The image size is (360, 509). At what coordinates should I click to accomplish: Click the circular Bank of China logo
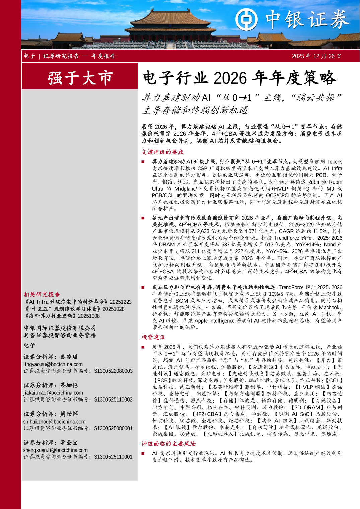[246, 19]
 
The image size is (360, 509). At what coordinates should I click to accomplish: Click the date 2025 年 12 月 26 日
[316, 56]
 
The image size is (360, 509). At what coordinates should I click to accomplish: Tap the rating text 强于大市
[80, 78]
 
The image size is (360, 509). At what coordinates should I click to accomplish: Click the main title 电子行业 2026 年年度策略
[239, 78]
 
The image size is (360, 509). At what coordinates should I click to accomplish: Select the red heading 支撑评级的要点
[162, 152]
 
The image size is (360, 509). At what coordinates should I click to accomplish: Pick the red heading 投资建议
[153, 337]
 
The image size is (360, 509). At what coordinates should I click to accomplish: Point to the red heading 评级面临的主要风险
[168, 444]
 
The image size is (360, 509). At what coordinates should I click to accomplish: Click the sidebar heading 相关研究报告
[42, 294]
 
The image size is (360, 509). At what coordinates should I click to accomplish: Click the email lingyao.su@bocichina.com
[53, 364]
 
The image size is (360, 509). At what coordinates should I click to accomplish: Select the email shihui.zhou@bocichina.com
[54, 422]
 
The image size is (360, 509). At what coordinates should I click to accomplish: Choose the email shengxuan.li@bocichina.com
[55, 450]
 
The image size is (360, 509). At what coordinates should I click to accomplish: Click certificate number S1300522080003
[113, 371]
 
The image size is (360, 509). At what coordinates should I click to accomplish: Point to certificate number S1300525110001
[113, 457]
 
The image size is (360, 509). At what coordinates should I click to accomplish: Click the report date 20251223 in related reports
[121, 302]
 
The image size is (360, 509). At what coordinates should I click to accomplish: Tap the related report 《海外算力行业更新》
[50, 316]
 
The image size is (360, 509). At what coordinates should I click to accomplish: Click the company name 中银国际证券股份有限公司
[60, 328]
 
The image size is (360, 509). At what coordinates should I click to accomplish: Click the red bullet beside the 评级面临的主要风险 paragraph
[143, 454]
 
